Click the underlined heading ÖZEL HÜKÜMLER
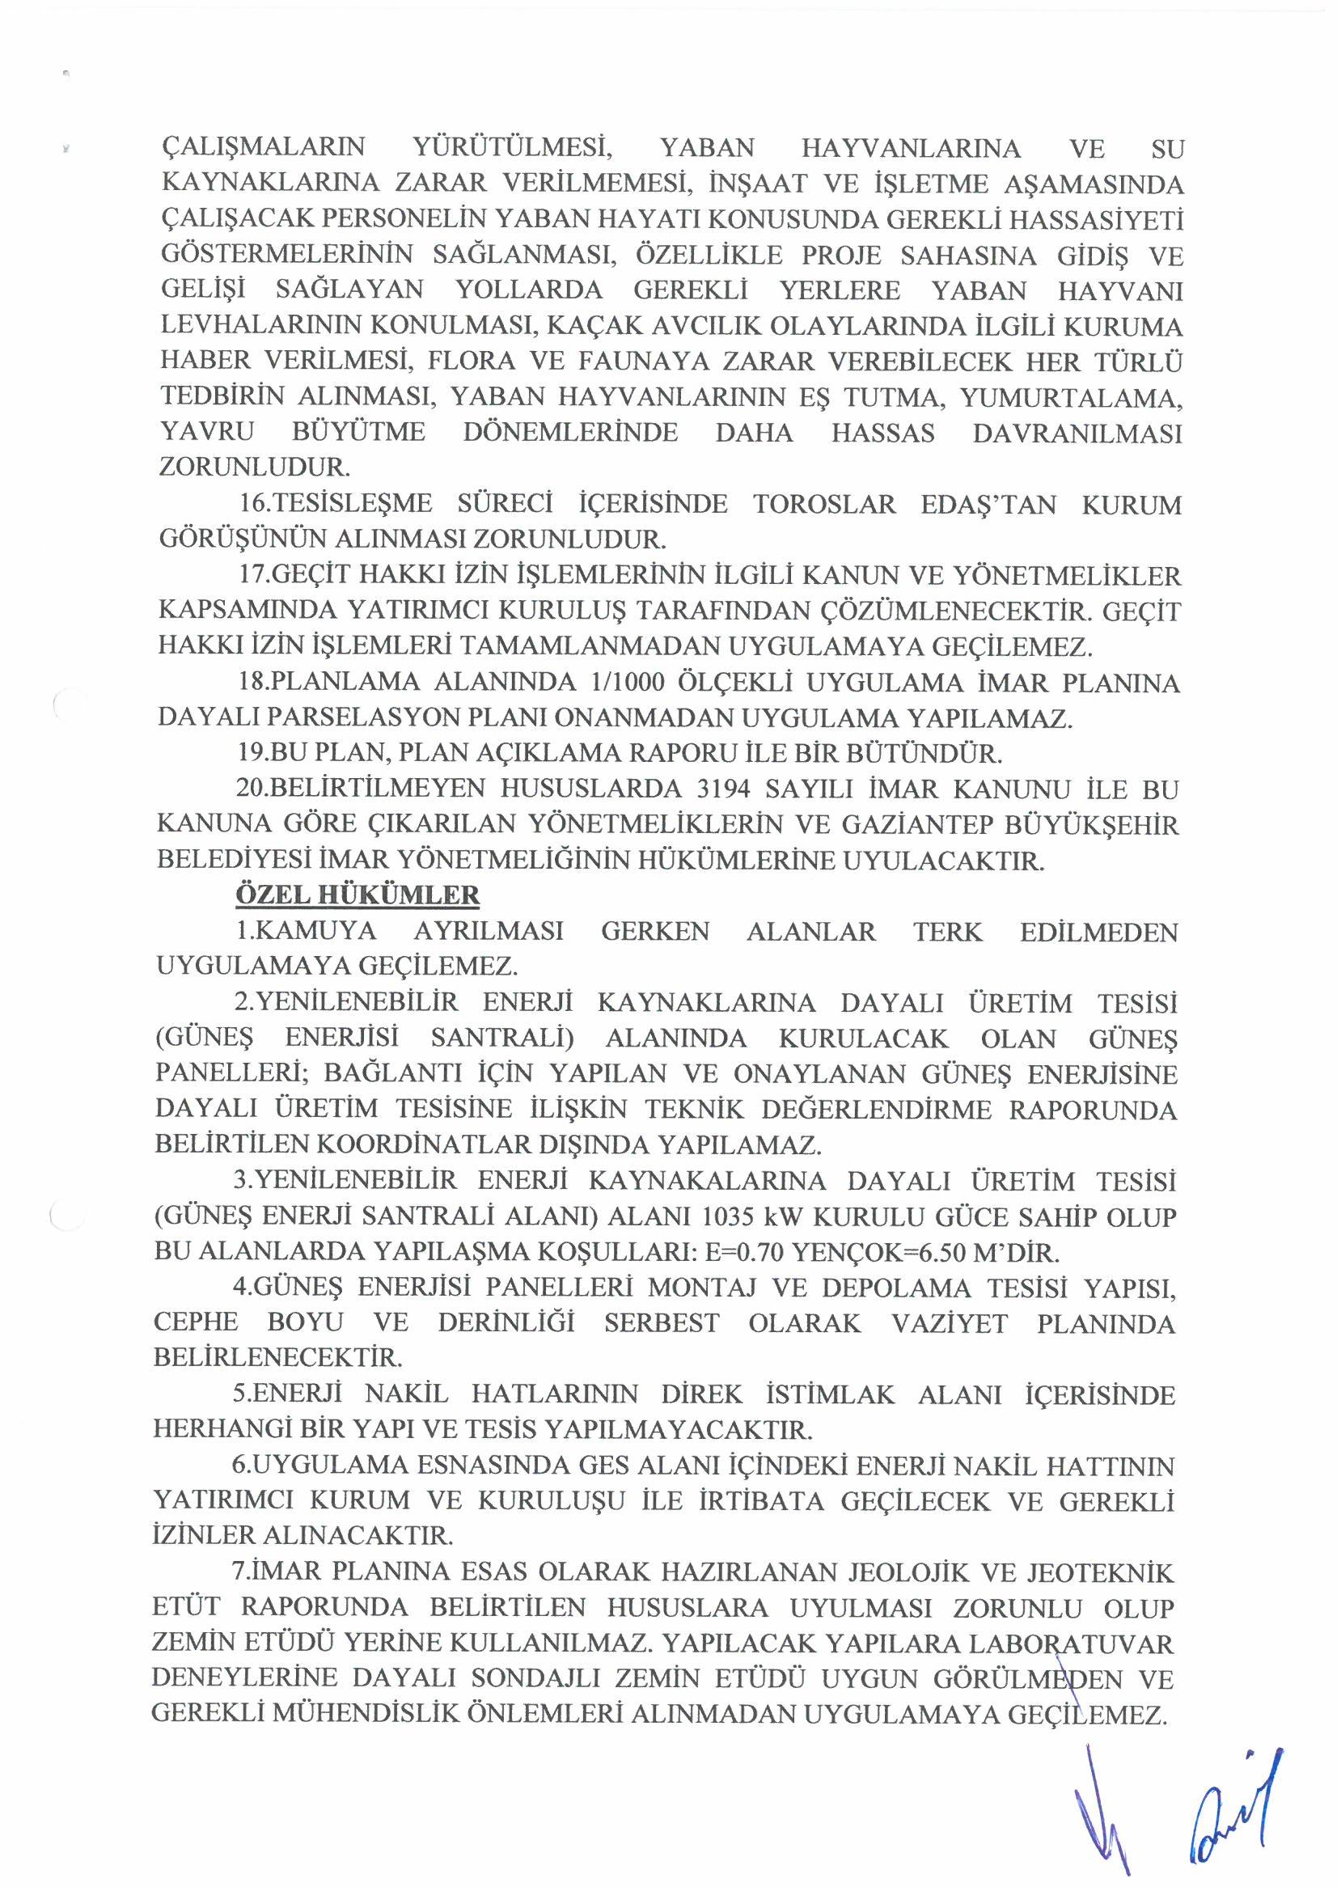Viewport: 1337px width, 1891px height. point(358,895)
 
